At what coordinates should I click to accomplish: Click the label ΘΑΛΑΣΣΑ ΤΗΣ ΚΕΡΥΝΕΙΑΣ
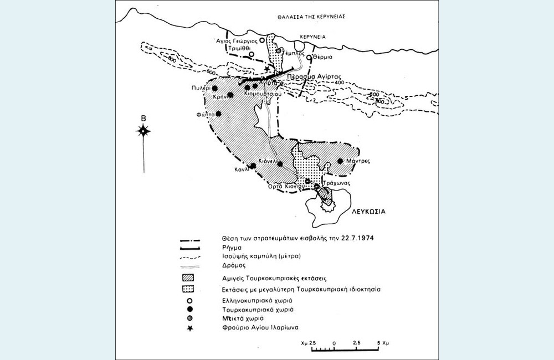pos(312,17)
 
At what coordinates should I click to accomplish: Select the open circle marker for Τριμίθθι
pos(251,54)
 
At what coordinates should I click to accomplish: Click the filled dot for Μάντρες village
pos(340,162)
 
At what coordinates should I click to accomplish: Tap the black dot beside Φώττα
pos(218,114)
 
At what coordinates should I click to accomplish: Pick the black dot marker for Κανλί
pos(253,166)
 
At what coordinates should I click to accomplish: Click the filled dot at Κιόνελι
pos(280,164)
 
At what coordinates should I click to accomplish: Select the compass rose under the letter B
pos(143,131)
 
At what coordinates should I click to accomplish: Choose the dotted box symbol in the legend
pos(190,289)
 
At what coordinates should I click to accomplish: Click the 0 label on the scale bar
pos(334,344)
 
